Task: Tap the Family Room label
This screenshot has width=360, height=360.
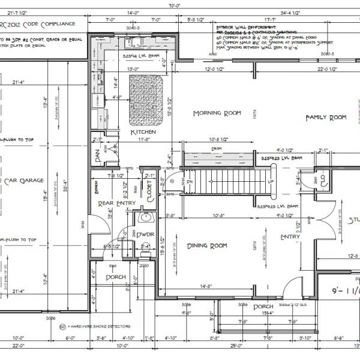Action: coord(326,118)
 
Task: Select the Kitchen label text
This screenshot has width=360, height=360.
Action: coord(143,131)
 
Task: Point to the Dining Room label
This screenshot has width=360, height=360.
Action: coord(207,245)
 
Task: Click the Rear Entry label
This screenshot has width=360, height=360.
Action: coord(117,203)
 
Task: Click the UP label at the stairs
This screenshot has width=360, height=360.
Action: coord(271,181)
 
